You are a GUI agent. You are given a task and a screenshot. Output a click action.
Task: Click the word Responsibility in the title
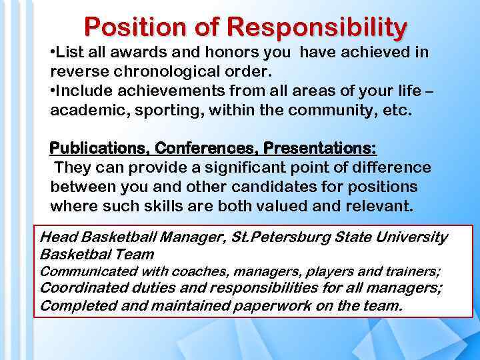tap(317, 27)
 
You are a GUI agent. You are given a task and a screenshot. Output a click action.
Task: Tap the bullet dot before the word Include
tap(53, 91)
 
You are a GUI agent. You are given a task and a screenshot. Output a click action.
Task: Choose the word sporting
tap(169, 109)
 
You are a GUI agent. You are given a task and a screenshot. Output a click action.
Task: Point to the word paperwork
tap(270, 306)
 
